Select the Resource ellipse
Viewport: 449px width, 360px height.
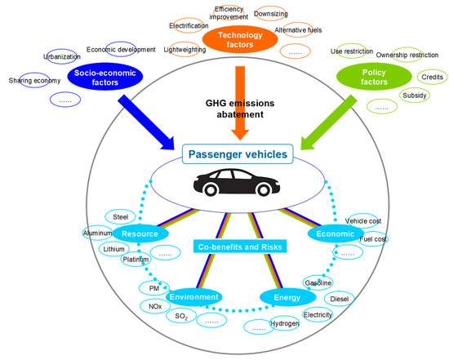[141, 233]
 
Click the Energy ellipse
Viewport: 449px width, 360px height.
[287, 297]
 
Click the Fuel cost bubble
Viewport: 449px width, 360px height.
[373, 239]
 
